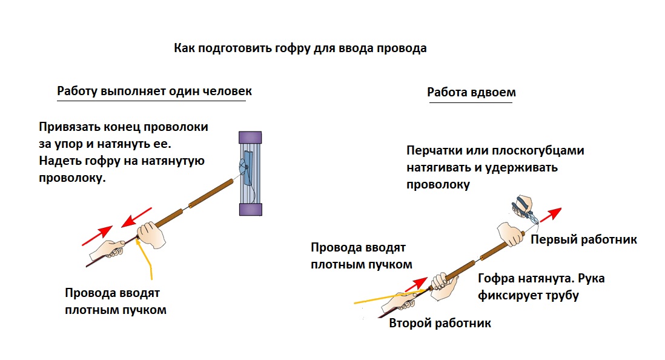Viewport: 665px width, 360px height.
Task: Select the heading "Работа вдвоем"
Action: tap(471, 92)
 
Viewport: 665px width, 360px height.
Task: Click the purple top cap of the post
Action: tap(250, 138)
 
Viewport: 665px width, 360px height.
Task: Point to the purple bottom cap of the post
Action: tap(250, 209)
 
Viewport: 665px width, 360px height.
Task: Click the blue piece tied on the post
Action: tap(247, 168)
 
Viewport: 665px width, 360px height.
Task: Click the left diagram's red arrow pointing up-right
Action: tap(97, 236)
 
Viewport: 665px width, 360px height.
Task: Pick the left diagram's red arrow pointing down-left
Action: tap(136, 218)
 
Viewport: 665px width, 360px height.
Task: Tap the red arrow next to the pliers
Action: tap(551, 215)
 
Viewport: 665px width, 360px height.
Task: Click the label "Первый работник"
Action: tap(584, 239)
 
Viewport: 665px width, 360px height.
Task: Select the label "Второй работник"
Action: tap(440, 323)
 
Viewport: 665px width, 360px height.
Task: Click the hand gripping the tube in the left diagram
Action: tap(151, 235)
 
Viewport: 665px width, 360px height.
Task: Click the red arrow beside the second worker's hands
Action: tap(417, 284)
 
